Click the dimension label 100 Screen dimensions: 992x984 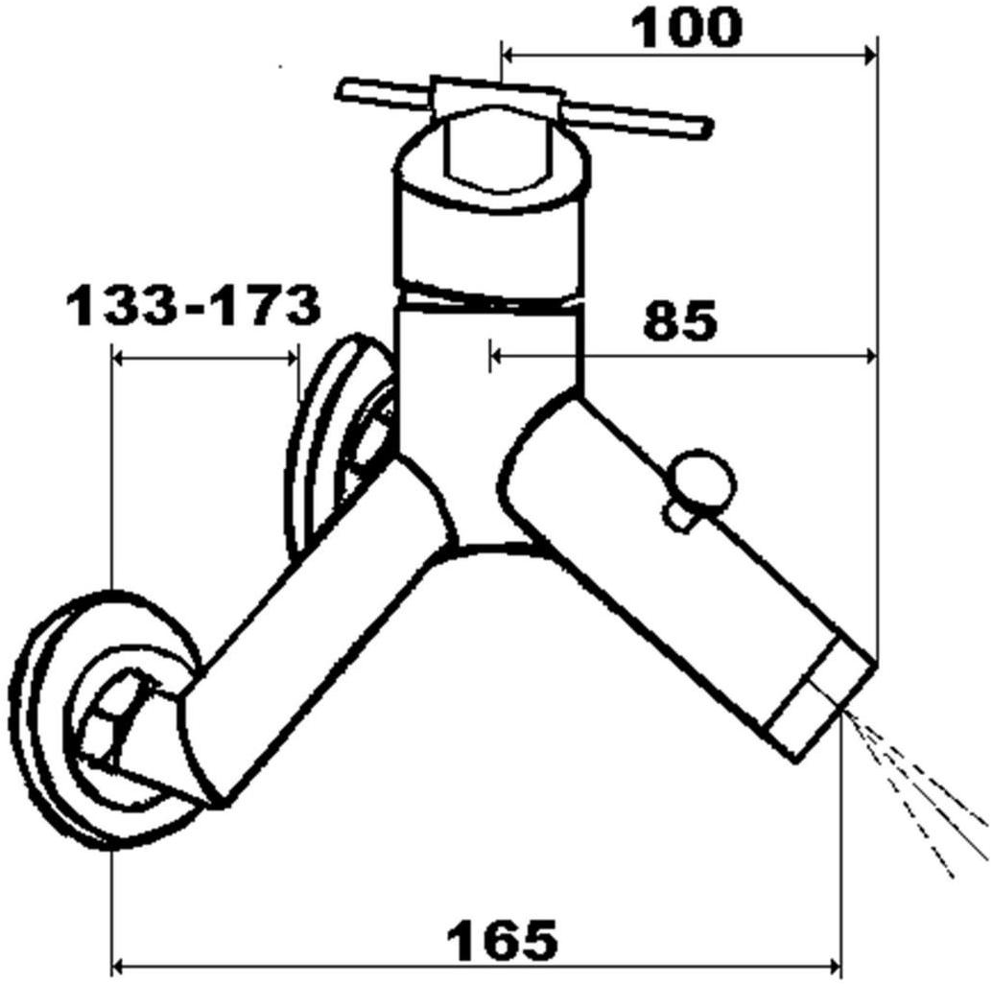pyautogui.click(x=687, y=28)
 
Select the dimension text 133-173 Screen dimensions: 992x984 pyautogui.click(x=194, y=306)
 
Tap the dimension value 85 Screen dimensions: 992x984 pyautogui.click(x=680, y=320)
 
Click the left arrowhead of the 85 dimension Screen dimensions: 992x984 pyautogui.click(x=497, y=358)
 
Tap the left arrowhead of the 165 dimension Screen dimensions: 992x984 pyautogui.click(x=119, y=967)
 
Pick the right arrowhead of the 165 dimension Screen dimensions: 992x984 pyautogui.click(x=834, y=967)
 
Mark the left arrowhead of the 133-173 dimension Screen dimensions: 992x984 pyautogui.click(x=119, y=359)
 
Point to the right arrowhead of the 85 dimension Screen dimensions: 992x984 pyautogui.click(x=870, y=358)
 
